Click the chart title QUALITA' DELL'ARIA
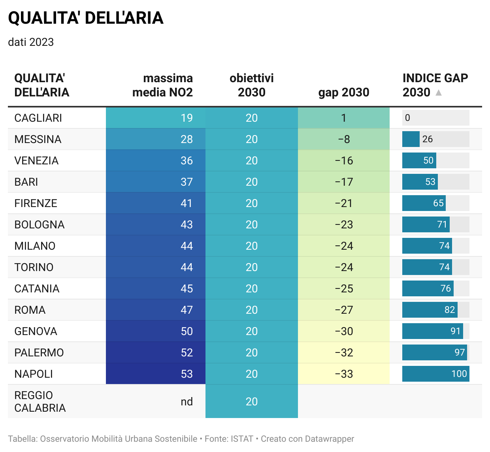[x=86, y=18]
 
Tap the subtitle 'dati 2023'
[x=31, y=42]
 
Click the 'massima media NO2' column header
[x=162, y=85]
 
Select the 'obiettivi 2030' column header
[x=251, y=85]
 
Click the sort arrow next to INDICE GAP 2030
[x=438, y=92]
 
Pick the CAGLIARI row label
[x=38, y=118]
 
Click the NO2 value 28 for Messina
[x=187, y=139]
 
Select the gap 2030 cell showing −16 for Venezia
[x=344, y=160]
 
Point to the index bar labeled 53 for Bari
[x=420, y=182]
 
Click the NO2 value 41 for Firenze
[x=186, y=203]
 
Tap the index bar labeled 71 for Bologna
[x=426, y=224]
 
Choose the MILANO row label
[x=35, y=246]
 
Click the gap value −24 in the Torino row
[x=344, y=267]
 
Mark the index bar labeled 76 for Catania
[x=428, y=288]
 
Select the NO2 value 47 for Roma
[x=187, y=310]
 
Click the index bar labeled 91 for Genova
[x=433, y=331]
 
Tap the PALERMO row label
[x=39, y=352]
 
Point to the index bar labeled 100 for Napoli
[x=436, y=374]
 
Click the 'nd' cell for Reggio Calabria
[x=187, y=401]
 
